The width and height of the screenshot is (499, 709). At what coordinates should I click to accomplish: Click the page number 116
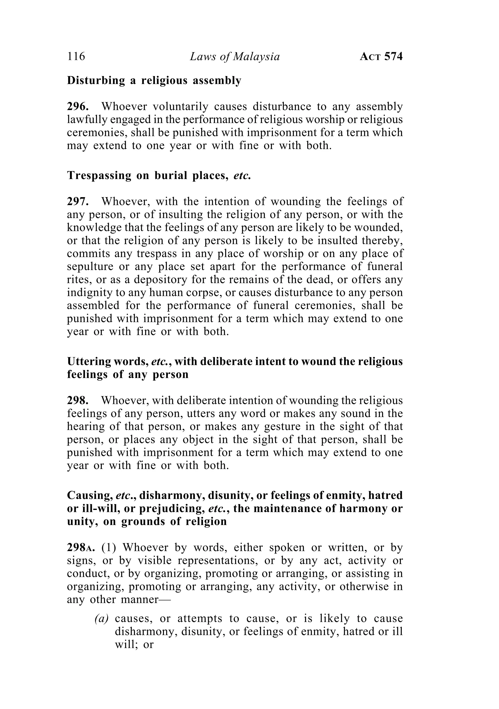(x=76, y=57)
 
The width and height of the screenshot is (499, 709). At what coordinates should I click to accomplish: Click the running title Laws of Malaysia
(x=235, y=57)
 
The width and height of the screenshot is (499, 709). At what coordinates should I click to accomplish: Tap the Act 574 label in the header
(x=381, y=57)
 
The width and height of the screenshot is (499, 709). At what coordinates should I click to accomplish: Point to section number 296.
(x=78, y=106)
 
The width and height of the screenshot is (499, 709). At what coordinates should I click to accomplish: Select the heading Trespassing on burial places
(x=159, y=175)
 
